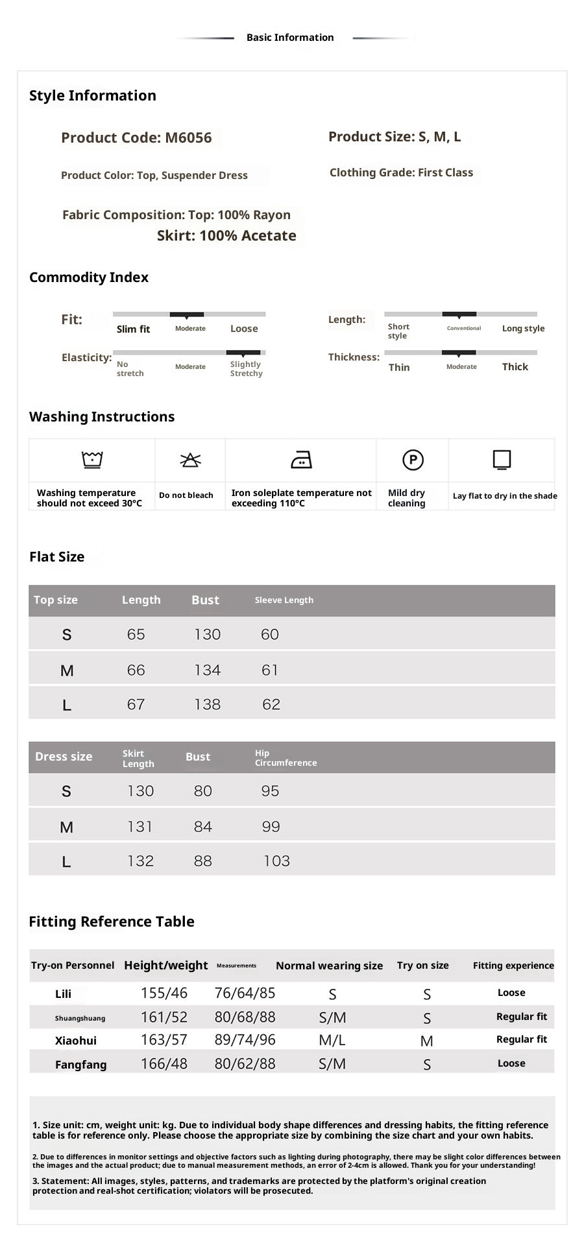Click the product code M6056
click(188, 137)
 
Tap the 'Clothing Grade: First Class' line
click(401, 172)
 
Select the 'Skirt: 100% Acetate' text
click(226, 235)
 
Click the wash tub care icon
click(92, 460)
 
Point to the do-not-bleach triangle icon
click(190, 460)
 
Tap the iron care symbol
click(301, 460)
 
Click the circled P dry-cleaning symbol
click(413, 460)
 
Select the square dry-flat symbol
click(502, 459)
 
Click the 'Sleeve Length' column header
click(284, 600)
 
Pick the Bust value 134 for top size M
click(207, 670)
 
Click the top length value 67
click(136, 704)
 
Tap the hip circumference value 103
click(276, 860)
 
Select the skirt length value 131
click(140, 826)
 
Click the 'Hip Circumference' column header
click(286, 757)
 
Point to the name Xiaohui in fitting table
click(75, 1040)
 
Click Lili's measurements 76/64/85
click(245, 993)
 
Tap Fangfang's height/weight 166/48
click(164, 1063)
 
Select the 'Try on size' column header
click(422, 965)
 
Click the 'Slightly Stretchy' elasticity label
click(246, 368)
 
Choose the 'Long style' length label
click(523, 328)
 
